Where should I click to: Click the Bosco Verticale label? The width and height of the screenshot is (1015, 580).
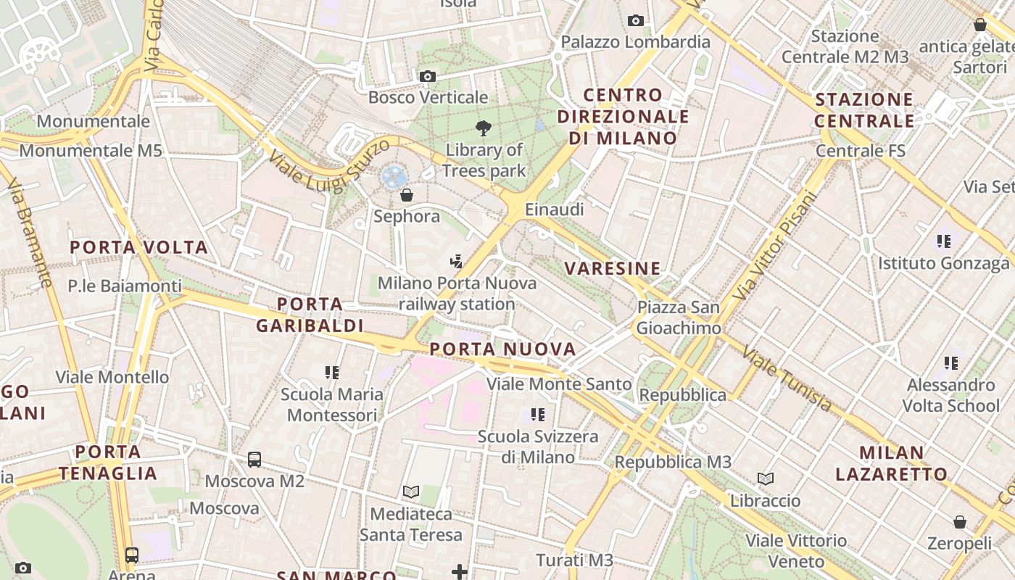point(428,97)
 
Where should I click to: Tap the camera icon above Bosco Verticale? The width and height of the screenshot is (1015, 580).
point(428,76)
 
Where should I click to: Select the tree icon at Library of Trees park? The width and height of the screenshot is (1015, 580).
point(483,129)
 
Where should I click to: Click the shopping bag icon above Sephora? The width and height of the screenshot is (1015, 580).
point(407,195)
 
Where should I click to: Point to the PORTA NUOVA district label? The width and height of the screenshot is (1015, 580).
point(502,349)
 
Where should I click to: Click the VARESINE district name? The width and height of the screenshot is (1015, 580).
point(613,268)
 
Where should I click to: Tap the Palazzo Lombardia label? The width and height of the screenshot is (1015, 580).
point(635,41)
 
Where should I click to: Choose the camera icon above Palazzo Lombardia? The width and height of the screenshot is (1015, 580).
point(636,20)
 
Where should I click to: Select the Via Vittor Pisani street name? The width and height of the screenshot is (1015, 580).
point(774,247)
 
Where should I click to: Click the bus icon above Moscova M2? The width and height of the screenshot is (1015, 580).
point(254,459)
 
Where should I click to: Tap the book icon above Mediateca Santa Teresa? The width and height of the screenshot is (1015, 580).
point(411,492)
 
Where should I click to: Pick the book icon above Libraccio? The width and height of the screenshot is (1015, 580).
point(766,478)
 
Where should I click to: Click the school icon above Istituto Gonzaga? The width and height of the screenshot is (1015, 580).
point(943,241)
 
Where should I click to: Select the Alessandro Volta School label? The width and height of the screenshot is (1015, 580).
point(951,395)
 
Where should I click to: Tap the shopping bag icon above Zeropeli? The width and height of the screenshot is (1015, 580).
point(959,522)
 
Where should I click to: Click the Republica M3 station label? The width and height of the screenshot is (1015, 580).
point(673,462)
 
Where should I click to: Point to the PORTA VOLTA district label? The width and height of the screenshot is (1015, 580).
point(139,247)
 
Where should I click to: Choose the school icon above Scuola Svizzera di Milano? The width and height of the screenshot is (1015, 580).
point(537,415)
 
